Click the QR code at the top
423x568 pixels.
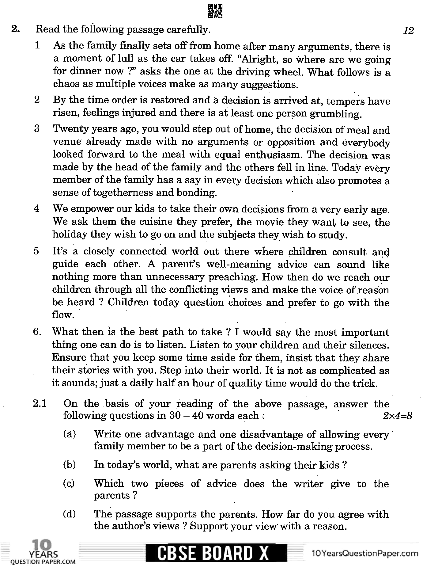click(x=215, y=11)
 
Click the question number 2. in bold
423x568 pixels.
click(x=16, y=29)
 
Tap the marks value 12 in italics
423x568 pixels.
click(x=408, y=31)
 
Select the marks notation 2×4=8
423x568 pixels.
click(x=397, y=416)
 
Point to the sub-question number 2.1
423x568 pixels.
click(x=40, y=404)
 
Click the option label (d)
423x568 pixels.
click(x=69, y=514)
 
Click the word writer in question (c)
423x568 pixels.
click(x=309, y=484)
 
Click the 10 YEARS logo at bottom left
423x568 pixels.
click(x=43, y=553)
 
